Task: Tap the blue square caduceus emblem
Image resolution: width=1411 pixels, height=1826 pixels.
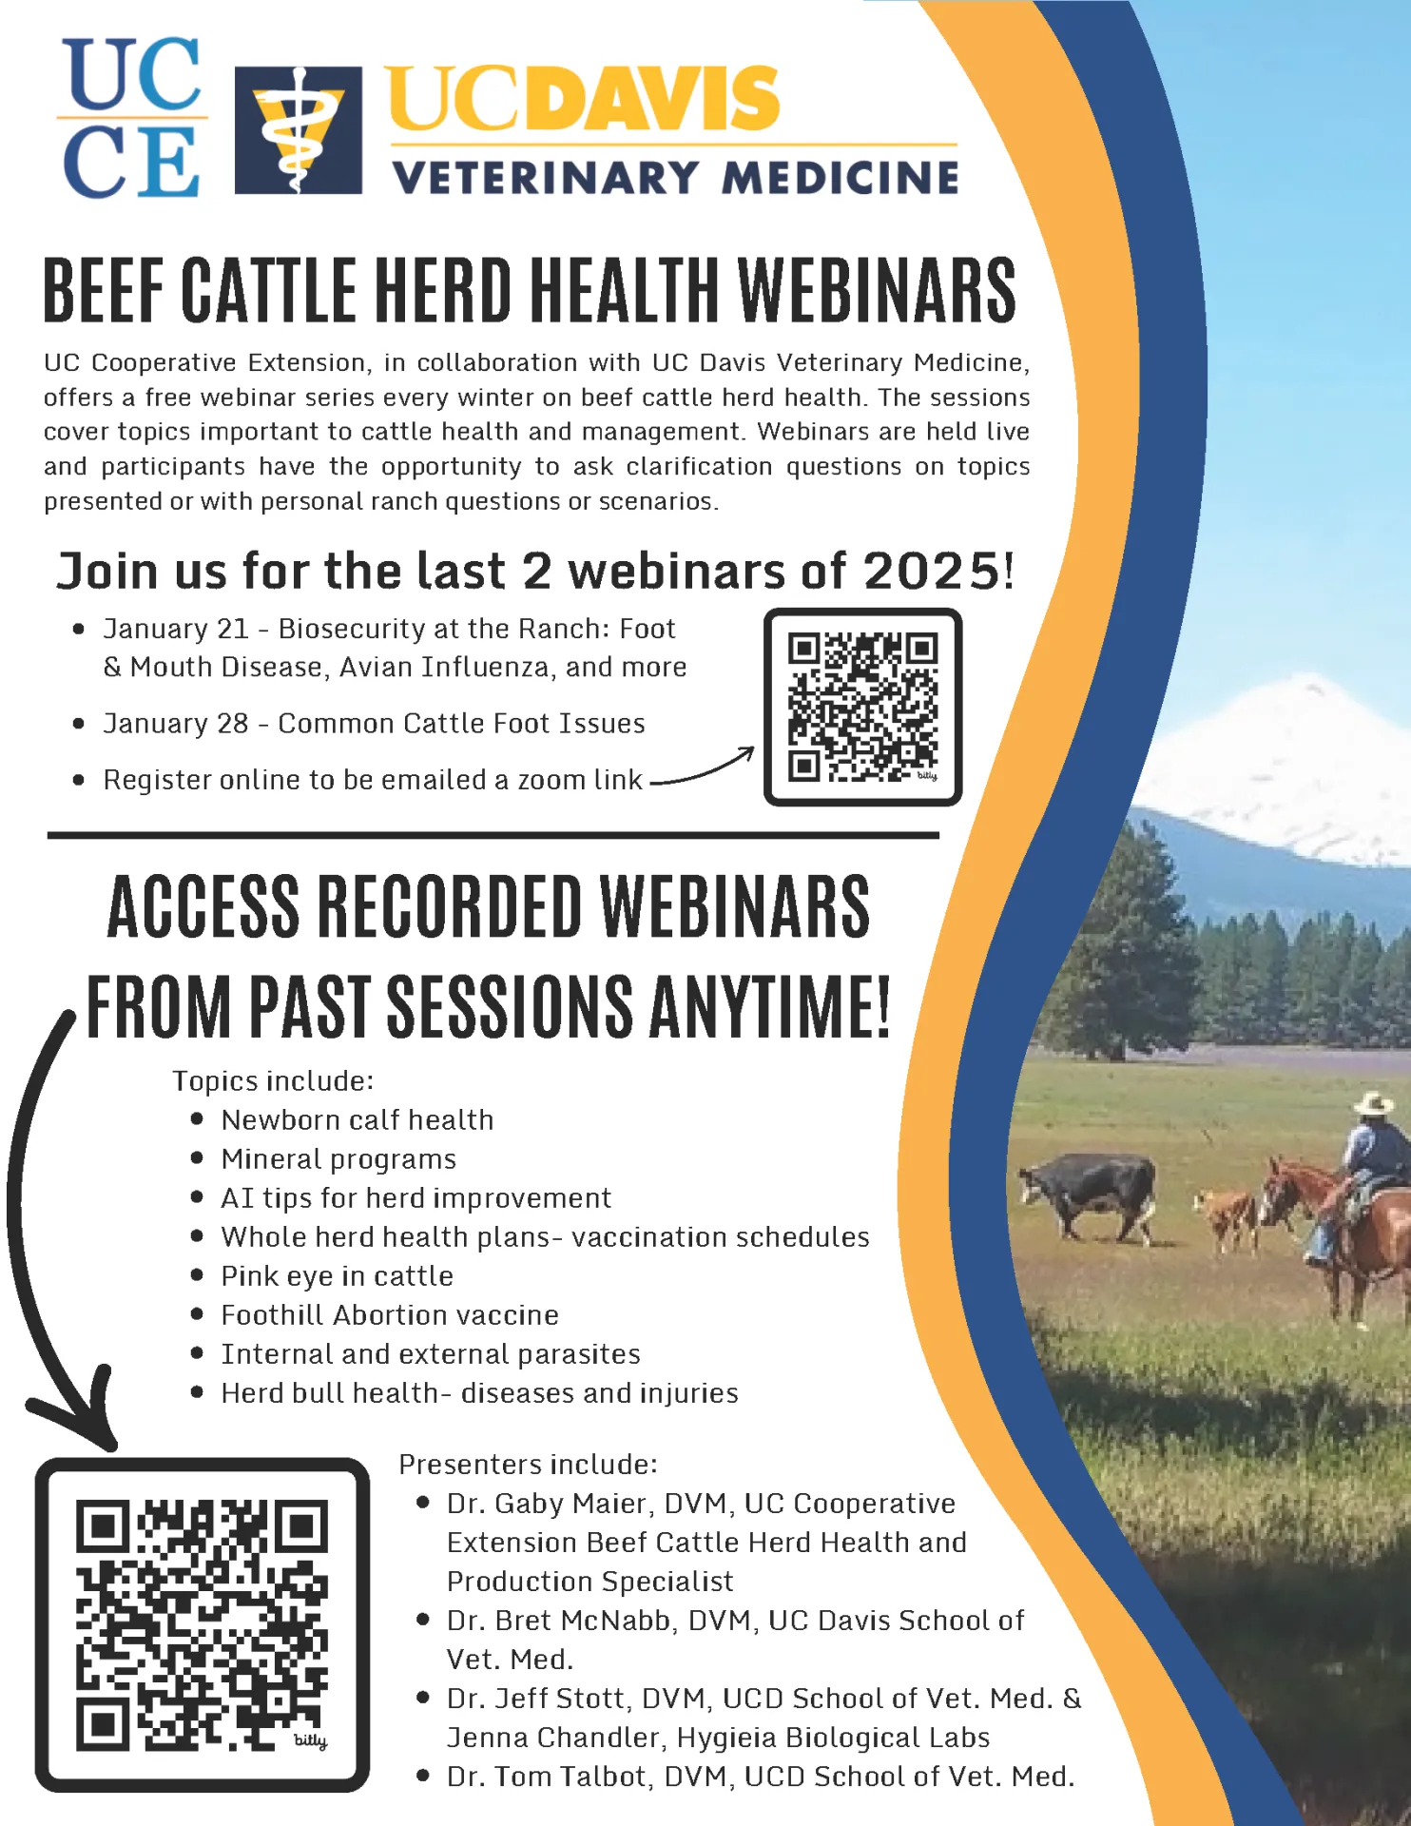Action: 298,129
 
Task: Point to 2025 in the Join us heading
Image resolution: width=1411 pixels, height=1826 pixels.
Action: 931,572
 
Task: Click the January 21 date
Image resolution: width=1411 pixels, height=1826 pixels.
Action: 176,629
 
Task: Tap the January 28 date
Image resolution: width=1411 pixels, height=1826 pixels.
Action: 176,724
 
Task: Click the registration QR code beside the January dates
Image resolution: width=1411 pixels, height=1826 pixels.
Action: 862,707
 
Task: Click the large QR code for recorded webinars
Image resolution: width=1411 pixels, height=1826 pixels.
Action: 202,1624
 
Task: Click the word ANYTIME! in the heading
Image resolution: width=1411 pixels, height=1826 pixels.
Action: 770,1006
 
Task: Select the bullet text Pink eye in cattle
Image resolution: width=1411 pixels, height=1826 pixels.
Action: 337,1276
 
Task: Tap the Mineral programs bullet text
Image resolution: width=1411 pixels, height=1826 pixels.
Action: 338,1159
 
